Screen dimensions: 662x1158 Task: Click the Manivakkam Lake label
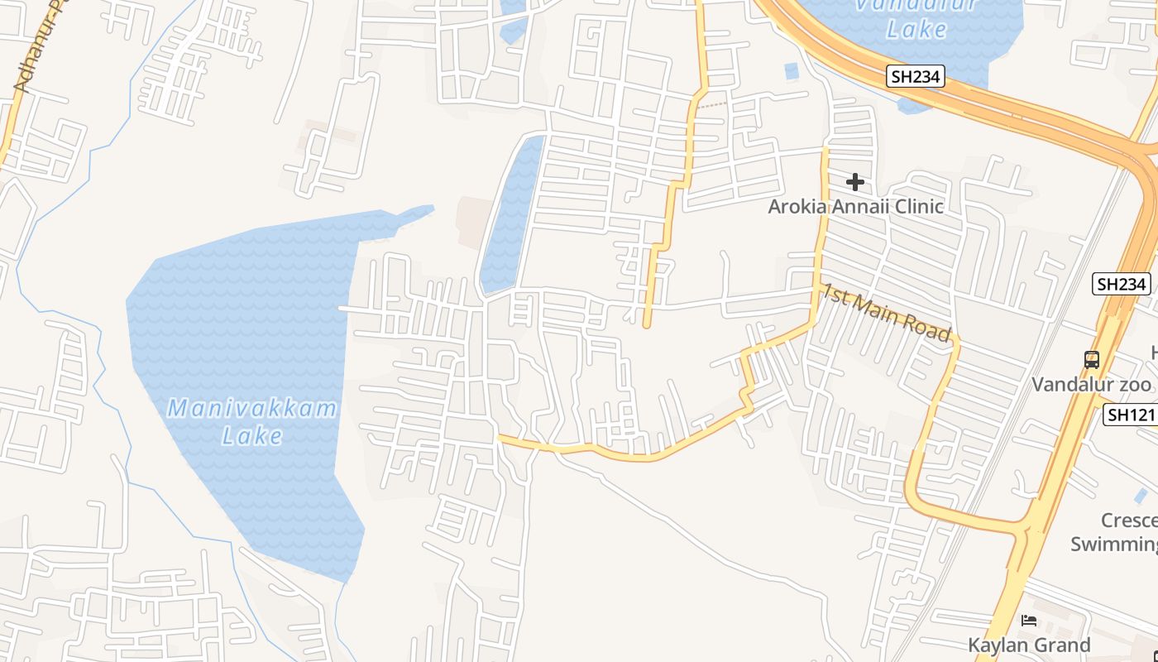coord(252,421)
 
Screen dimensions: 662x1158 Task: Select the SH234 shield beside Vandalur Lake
coord(916,77)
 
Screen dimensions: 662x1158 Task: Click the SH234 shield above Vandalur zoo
coord(1121,284)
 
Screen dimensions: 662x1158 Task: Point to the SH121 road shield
coord(1131,415)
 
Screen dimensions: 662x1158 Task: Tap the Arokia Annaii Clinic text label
coord(855,206)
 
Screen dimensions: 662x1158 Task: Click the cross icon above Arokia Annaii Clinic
coord(855,181)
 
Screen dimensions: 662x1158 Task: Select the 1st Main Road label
coord(886,312)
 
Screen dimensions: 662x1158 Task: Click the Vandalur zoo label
coord(1090,385)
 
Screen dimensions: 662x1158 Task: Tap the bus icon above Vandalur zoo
coord(1092,360)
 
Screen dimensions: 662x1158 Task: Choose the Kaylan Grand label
coord(1029,645)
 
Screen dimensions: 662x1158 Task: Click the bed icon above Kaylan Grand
coord(1029,620)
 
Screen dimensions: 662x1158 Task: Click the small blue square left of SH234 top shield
coord(792,71)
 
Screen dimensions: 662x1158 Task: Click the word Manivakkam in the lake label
coord(252,408)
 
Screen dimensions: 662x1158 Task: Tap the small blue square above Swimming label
coord(1141,496)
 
